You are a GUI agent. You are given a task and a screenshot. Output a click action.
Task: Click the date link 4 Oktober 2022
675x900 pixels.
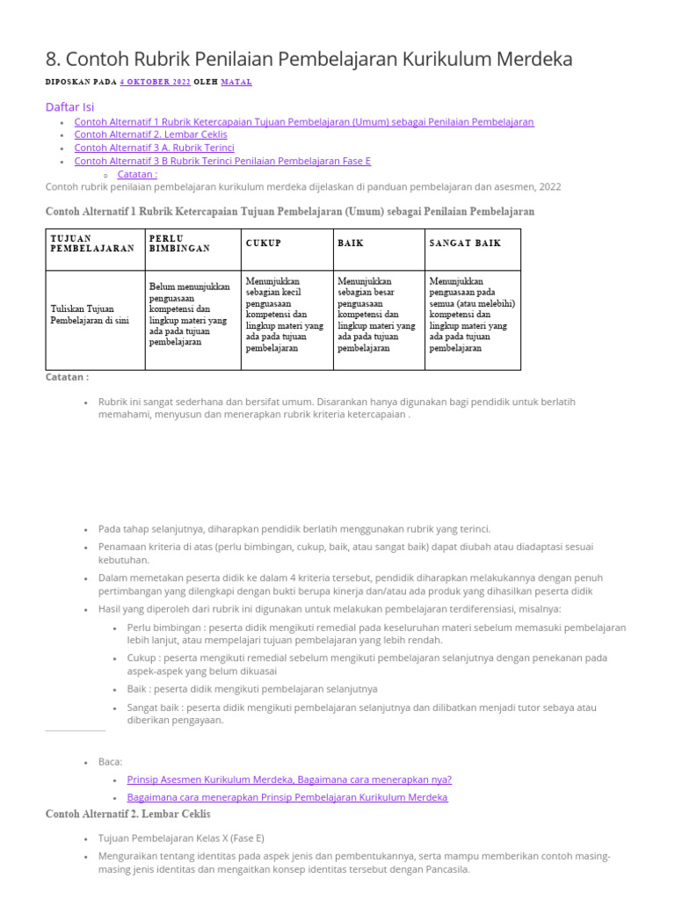(155, 82)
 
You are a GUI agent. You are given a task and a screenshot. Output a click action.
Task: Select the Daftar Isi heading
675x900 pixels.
(69, 106)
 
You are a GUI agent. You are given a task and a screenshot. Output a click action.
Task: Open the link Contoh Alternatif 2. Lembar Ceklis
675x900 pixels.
(150, 134)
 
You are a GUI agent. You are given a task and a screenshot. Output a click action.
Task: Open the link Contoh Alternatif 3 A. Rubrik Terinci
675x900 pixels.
(154, 148)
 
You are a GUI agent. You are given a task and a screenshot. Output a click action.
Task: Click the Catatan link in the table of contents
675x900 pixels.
(137, 174)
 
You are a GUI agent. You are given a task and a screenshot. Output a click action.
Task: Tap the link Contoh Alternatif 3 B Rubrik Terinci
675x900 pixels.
(222, 161)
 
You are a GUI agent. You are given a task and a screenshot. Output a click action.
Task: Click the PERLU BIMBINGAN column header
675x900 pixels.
(179, 243)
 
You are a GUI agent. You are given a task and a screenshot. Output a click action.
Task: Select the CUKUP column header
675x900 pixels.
(264, 243)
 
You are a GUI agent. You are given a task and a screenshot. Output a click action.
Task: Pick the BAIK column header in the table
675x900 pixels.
(351, 243)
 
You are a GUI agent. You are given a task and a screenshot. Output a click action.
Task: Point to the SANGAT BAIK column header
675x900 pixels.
(465, 243)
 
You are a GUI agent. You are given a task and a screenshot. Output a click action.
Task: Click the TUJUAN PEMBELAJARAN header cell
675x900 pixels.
(92, 243)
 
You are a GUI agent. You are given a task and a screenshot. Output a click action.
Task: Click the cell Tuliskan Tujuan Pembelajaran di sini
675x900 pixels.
(90, 314)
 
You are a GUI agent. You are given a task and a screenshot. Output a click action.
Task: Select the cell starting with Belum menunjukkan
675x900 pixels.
(190, 314)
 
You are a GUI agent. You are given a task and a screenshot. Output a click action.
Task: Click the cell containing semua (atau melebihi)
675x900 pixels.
(472, 314)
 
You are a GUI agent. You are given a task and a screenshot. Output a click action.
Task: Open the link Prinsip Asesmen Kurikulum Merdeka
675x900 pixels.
(288, 779)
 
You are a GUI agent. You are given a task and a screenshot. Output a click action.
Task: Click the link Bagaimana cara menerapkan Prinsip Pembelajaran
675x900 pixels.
(287, 797)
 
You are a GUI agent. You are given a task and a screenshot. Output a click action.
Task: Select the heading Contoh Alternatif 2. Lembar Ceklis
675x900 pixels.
(127, 815)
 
